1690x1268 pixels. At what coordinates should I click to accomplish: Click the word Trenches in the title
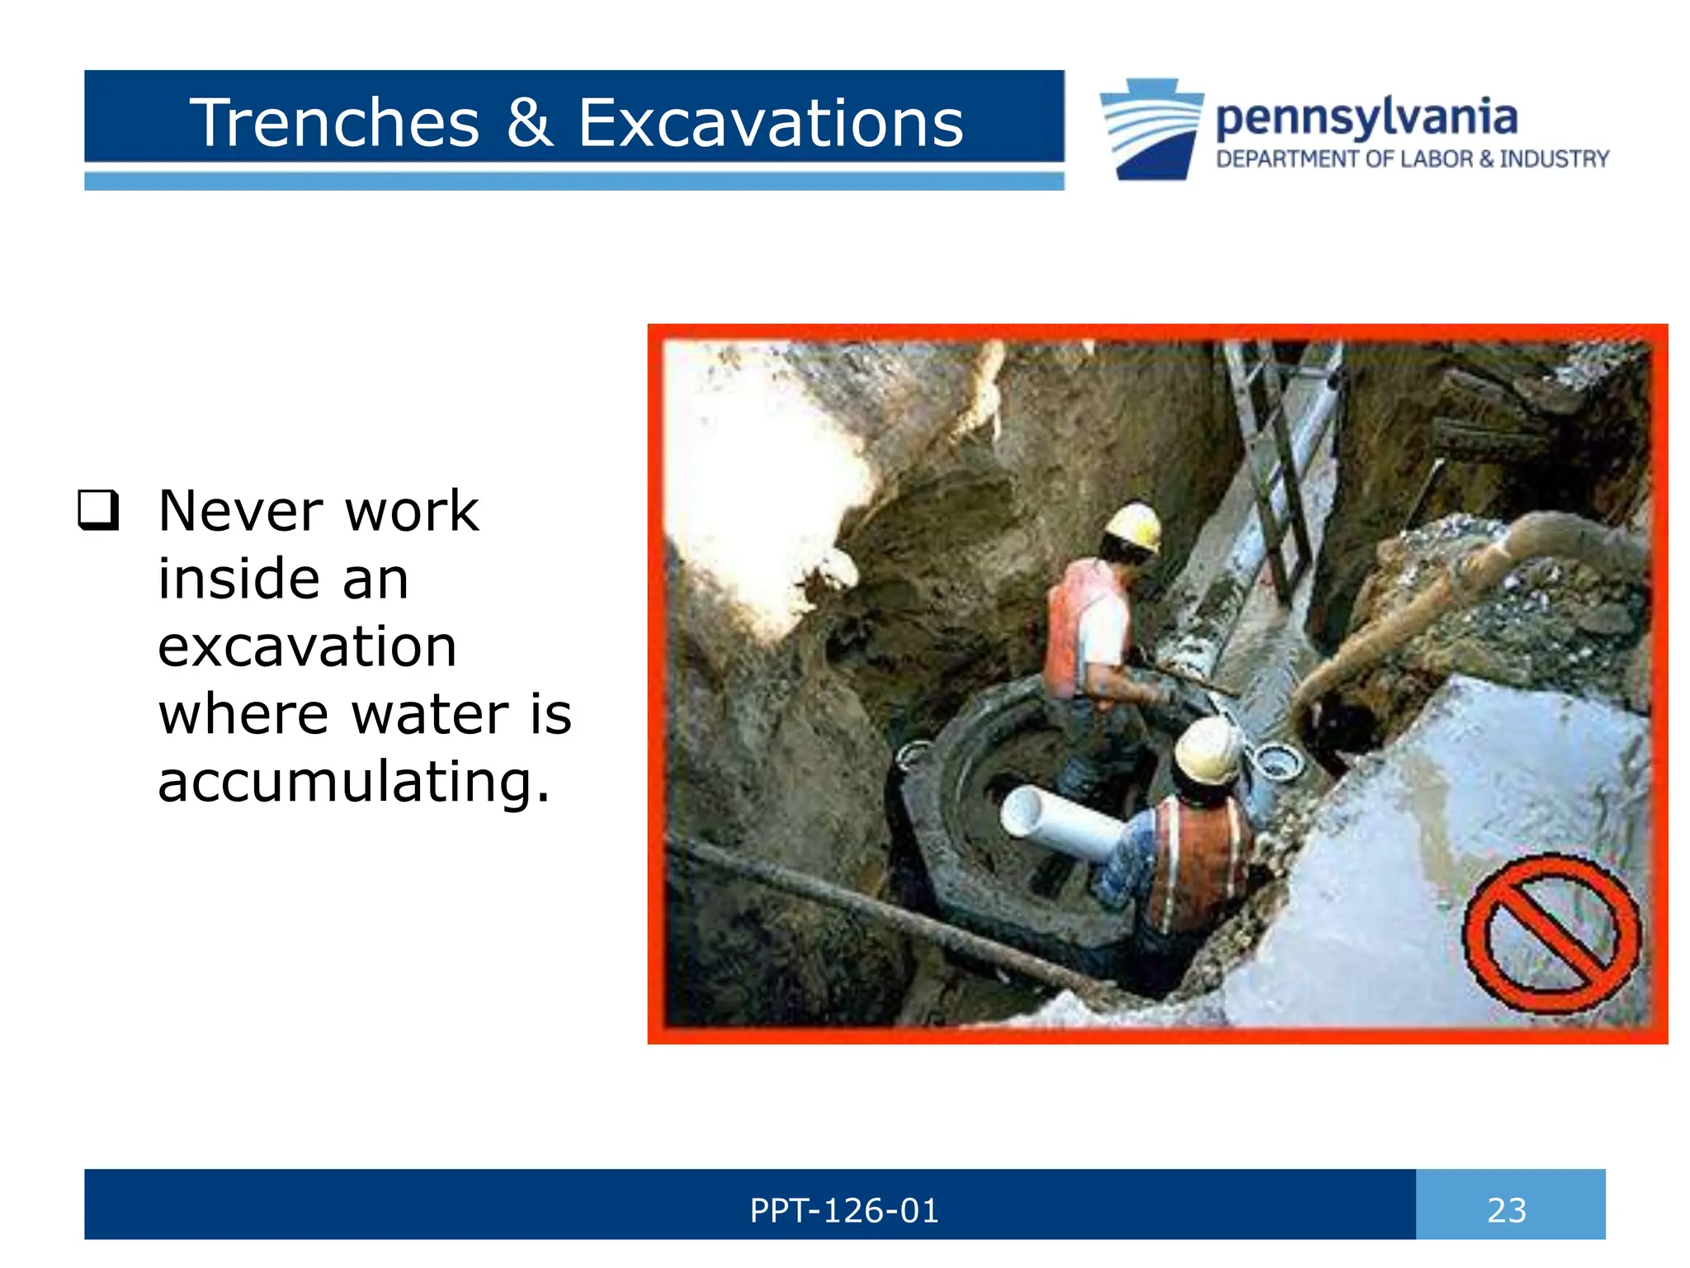334,123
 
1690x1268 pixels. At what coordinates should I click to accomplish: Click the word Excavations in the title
770,123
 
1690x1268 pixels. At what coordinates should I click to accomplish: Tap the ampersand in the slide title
529,123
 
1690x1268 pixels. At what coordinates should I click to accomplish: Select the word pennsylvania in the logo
1367,117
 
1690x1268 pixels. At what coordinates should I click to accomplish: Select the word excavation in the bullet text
307,646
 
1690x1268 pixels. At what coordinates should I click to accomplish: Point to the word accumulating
353,782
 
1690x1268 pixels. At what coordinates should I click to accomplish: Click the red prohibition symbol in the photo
1551,934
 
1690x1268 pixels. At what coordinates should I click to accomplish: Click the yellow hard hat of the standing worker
1135,526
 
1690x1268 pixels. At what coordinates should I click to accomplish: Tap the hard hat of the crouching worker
1207,750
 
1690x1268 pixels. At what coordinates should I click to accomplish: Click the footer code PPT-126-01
844,1210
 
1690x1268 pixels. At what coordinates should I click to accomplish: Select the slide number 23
1507,1210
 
